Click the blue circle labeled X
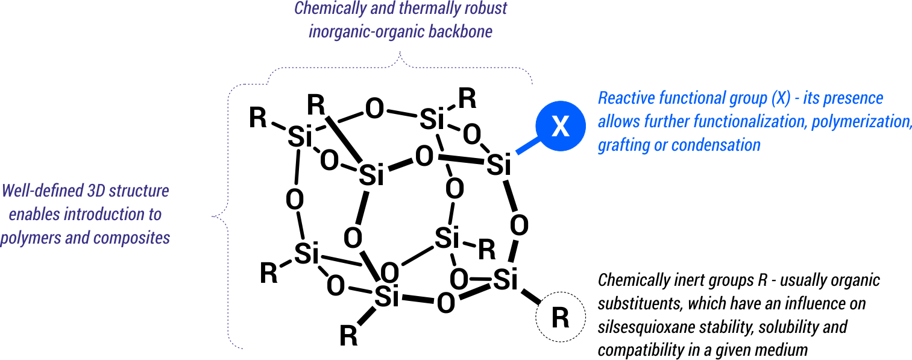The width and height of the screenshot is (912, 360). pos(561,127)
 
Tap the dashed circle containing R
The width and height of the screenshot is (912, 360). pos(561,317)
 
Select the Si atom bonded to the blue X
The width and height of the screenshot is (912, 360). pos(498,165)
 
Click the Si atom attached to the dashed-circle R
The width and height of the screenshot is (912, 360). pos(507,280)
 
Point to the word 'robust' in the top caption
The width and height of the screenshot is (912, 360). pos(482,9)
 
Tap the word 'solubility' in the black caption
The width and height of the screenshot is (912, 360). pos(788,327)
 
